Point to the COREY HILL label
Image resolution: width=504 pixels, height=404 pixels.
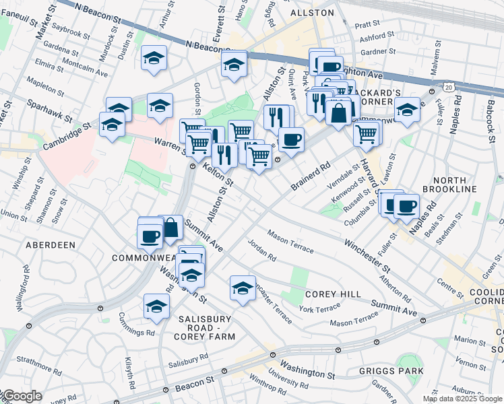333,294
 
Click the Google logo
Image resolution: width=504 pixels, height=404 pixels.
22,397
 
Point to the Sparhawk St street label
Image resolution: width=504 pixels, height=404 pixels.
49,110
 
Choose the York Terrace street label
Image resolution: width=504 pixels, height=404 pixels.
320,308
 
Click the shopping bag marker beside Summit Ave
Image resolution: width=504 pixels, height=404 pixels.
171,228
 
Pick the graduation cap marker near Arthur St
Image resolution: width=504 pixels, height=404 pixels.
154,59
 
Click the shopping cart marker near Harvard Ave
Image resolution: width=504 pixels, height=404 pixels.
367,133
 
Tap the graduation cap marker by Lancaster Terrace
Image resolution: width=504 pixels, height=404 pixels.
243,288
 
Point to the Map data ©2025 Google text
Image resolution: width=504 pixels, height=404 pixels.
462,399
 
